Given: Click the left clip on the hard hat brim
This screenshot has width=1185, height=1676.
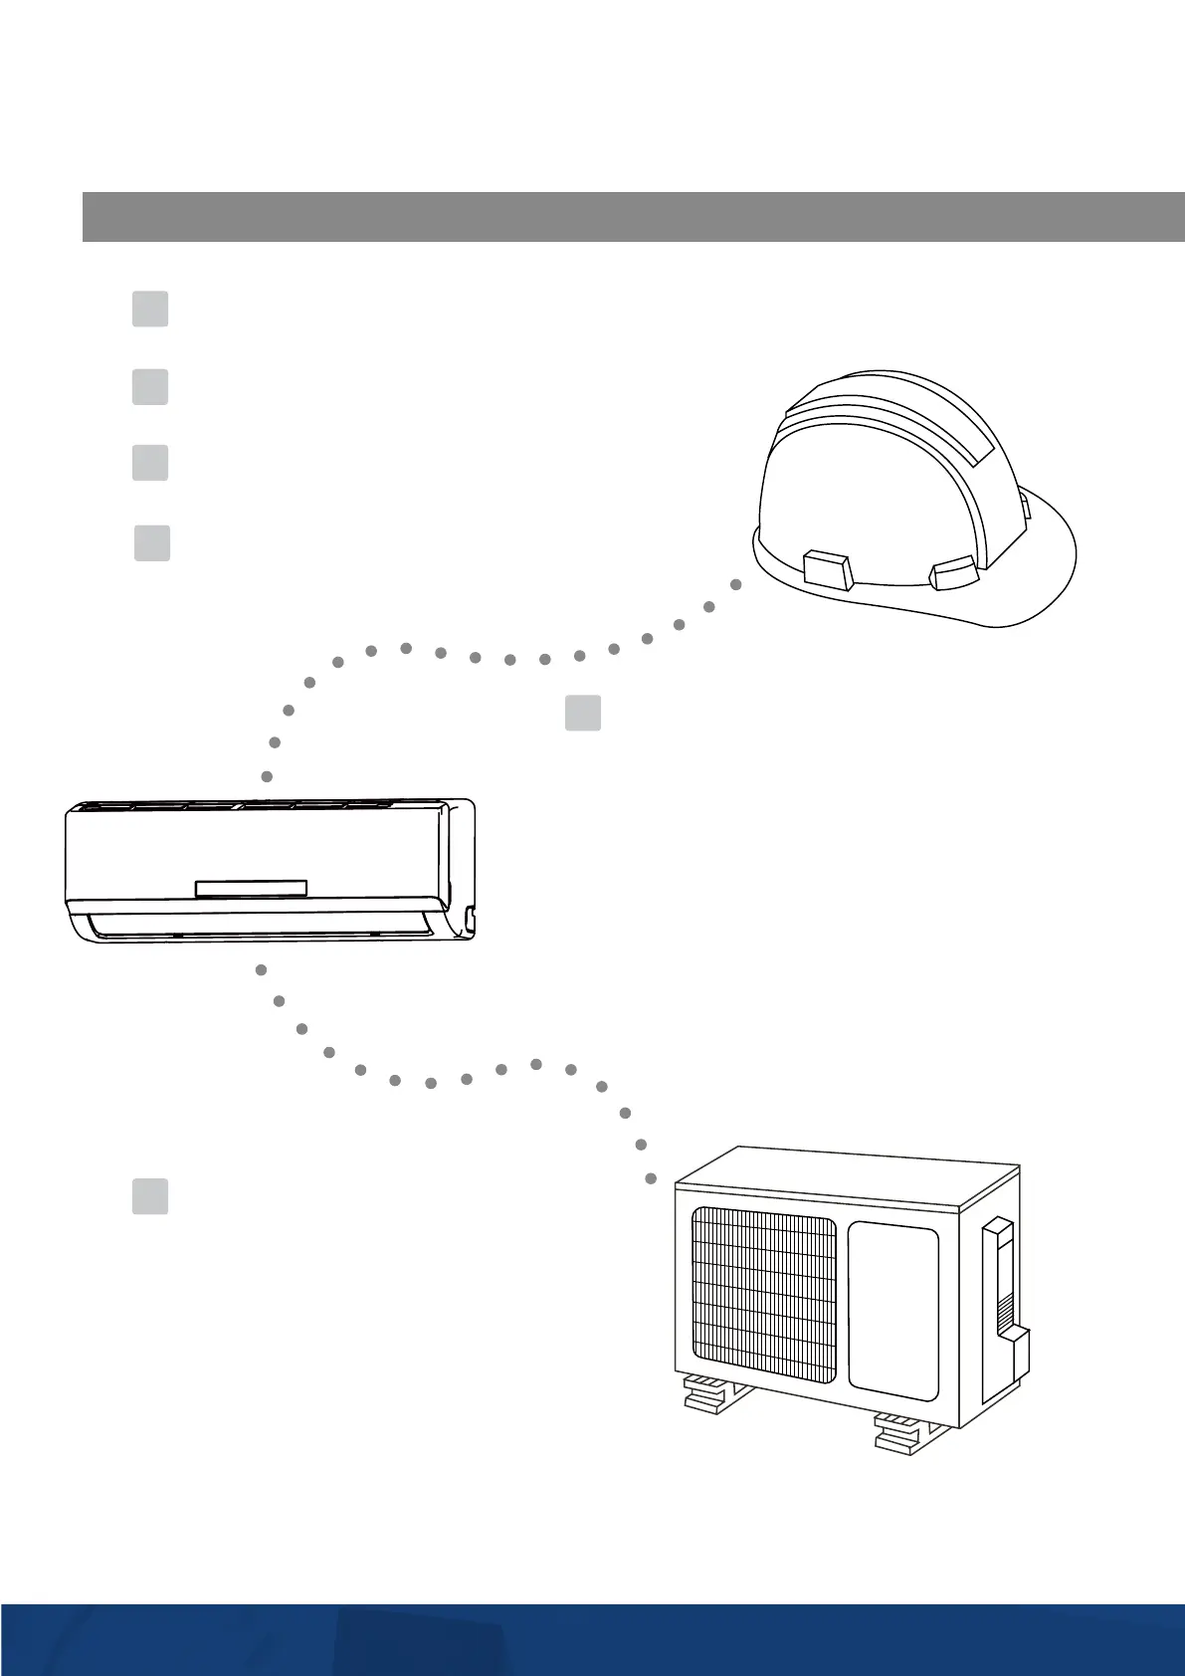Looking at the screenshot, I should click(x=826, y=570).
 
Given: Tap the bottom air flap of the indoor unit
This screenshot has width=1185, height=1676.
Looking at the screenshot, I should click(x=259, y=927).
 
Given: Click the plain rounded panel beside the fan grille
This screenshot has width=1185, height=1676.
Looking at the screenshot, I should click(x=892, y=1306).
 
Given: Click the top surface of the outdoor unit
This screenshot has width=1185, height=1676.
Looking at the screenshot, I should click(x=846, y=1174).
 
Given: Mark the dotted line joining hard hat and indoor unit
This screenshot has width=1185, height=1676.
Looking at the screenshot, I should click(x=476, y=657).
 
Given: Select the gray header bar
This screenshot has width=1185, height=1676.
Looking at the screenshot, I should click(x=633, y=217).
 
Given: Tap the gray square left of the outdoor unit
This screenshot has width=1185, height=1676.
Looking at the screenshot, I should click(x=150, y=1196).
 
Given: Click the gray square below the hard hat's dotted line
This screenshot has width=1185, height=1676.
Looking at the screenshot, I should click(x=583, y=713).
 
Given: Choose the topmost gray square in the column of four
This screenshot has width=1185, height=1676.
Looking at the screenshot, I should click(x=150, y=309).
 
